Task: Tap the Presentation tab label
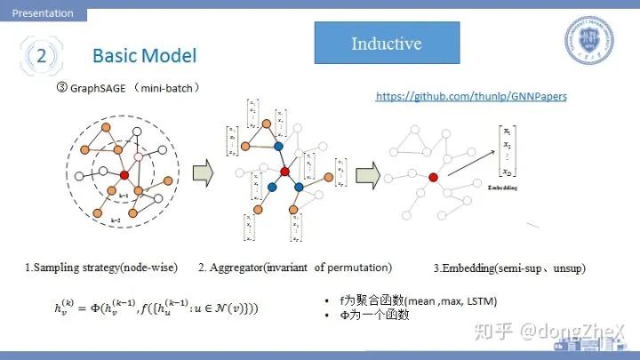43,13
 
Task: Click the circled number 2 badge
42,55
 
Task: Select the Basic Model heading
144,56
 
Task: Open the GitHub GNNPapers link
470,95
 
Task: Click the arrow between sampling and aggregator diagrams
203,169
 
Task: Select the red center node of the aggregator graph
285,171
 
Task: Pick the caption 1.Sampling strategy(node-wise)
100,267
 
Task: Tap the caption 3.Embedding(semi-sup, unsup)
509,268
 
